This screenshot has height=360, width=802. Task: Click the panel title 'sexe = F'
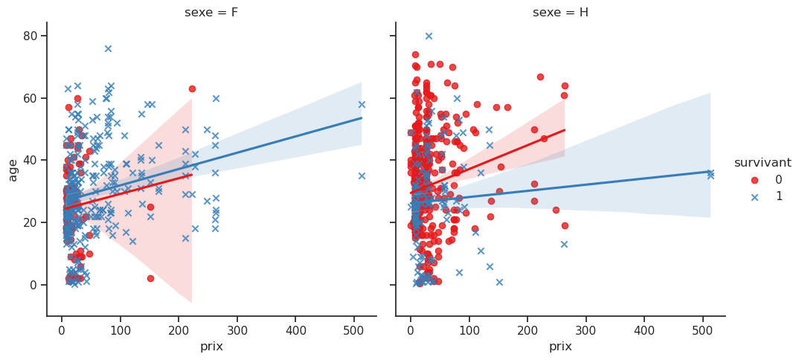[x=211, y=13]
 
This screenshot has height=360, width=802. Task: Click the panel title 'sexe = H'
[x=560, y=13]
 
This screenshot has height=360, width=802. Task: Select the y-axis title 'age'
[x=13, y=170]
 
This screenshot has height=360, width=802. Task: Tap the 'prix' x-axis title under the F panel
[x=211, y=347]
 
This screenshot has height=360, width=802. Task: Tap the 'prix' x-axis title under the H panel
[x=560, y=347]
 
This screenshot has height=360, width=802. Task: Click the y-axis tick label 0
[x=34, y=285]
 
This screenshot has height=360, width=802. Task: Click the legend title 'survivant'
[x=763, y=163]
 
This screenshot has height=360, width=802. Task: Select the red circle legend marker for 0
[x=745, y=180]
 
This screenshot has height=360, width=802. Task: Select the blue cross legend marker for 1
[x=745, y=196]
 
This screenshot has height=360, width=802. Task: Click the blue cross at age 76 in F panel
[x=108, y=48]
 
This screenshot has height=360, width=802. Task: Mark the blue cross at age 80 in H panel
[x=429, y=36]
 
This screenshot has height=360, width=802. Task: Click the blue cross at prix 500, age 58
[x=362, y=104]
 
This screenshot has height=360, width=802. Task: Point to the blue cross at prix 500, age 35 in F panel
[x=362, y=176]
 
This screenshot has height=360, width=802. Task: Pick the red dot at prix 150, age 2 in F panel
[x=150, y=278]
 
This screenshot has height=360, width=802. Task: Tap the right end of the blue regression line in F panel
[x=362, y=118]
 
